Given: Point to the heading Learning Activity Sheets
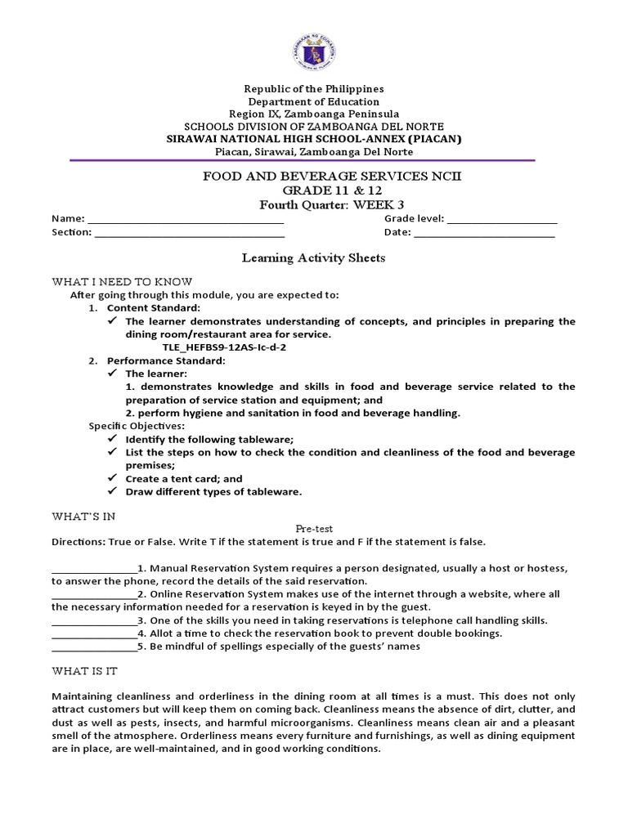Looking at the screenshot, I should pyautogui.click(x=313, y=258).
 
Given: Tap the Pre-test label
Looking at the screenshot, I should pyautogui.click(x=313, y=529).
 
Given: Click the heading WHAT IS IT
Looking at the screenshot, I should pyautogui.click(x=84, y=671).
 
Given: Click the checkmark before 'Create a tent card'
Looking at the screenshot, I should pyautogui.click(x=113, y=478).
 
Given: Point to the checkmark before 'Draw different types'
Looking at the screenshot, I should pyautogui.click(x=113, y=491).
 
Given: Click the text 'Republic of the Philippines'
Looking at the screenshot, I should pyautogui.click(x=314, y=88).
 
